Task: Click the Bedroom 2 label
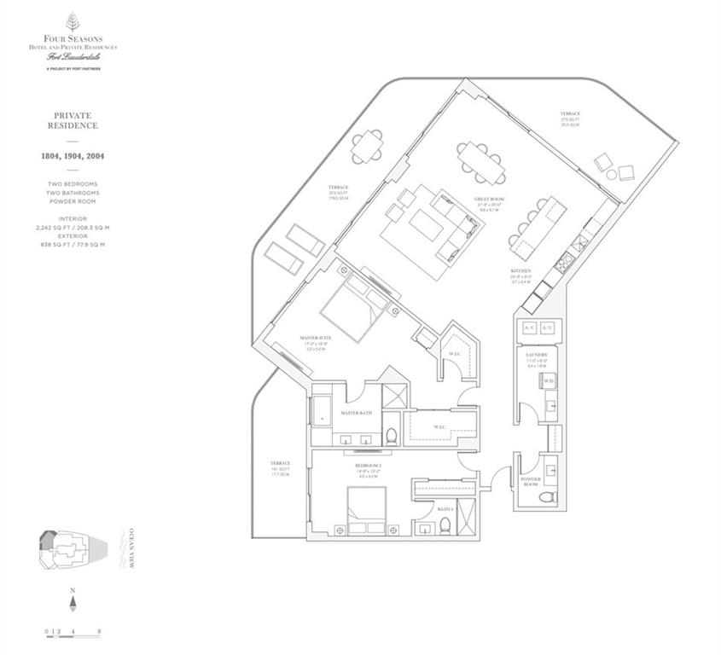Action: pos(369,467)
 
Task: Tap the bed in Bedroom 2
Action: pos(366,510)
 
